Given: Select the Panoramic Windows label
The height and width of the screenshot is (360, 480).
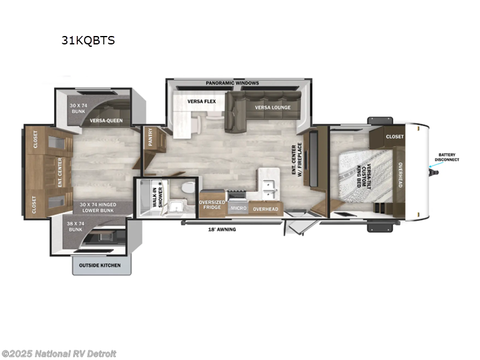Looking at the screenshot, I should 232,82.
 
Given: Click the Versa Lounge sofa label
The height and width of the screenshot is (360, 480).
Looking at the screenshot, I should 272,107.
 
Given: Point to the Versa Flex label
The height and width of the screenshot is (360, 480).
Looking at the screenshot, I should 201,101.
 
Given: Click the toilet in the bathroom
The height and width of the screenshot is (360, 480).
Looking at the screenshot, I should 188,188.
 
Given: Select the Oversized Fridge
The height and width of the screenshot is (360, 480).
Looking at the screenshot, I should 212,205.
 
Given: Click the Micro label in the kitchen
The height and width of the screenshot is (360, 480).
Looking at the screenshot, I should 238,208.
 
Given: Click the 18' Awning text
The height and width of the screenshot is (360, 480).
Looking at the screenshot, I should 221,229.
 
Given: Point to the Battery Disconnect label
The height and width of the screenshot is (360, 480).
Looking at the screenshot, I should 446,157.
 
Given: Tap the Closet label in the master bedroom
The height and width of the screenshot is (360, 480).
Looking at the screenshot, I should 395,137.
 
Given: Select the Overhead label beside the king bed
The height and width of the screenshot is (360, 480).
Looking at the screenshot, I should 400,174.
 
